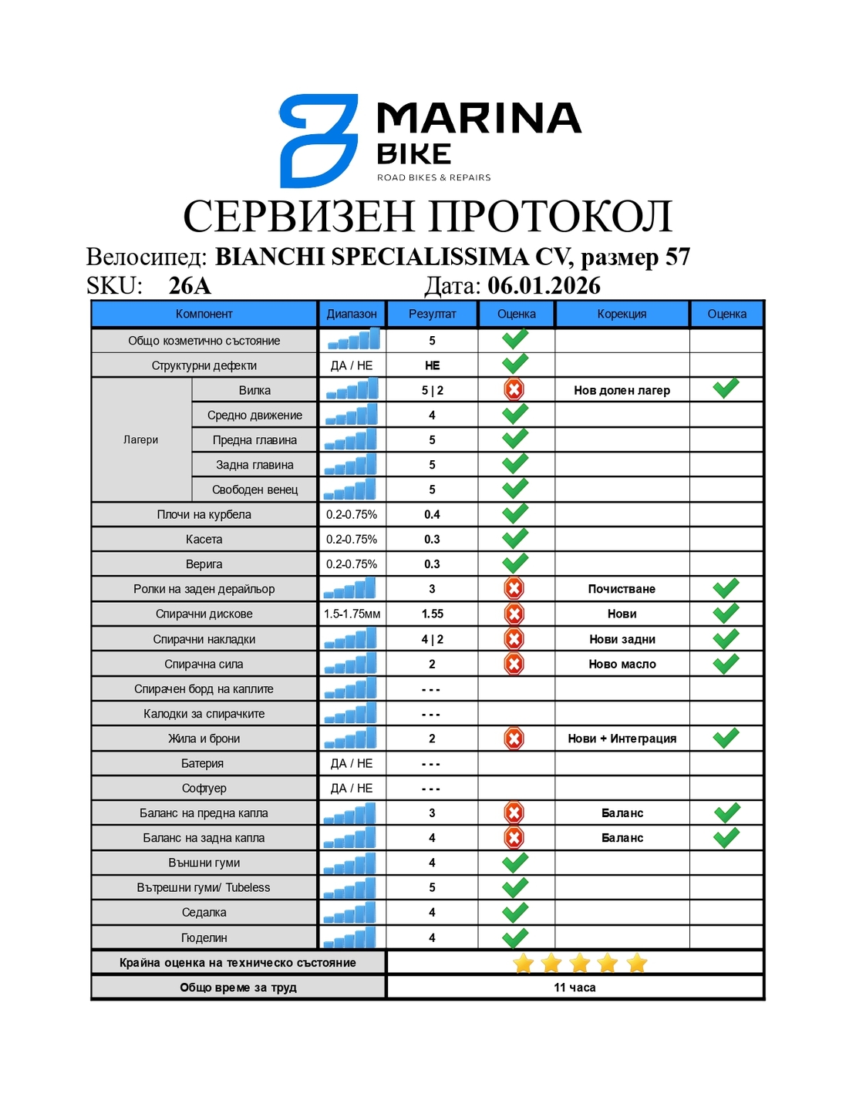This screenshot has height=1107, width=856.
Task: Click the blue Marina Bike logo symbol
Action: click(x=318, y=140)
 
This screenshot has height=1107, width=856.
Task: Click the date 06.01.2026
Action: click(x=544, y=285)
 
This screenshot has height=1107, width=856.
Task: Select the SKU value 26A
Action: click(x=190, y=285)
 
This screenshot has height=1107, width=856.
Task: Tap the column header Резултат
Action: click(x=432, y=314)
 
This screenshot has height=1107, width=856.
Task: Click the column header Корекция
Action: click(x=622, y=314)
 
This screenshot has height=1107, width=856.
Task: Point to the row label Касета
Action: click(x=204, y=540)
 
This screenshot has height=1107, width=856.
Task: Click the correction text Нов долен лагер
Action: click(x=622, y=390)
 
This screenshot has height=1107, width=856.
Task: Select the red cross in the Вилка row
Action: click(x=514, y=389)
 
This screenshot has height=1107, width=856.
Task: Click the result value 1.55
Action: click(x=432, y=614)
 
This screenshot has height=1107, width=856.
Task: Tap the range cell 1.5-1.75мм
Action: click(x=352, y=614)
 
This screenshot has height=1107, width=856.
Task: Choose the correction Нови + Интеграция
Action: click(x=622, y=739)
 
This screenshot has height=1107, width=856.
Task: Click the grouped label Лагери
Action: click(x=140, y=440)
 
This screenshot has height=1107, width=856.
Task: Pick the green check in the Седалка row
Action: click(x=514, y=912)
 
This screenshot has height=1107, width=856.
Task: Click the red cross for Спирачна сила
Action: click(x=514, y=664)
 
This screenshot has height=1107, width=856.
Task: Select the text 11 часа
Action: click(x=575, y=988)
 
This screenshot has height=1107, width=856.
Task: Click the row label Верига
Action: click(x=204, y=564)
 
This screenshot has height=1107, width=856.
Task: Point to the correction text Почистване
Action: click(x=622, y=589)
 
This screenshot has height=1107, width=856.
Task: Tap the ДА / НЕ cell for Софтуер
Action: click(x=352, y=788)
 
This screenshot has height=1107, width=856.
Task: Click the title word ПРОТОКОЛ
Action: click(x=551, y=216)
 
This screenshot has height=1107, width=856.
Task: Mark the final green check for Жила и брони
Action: click(x=726, y=738)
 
